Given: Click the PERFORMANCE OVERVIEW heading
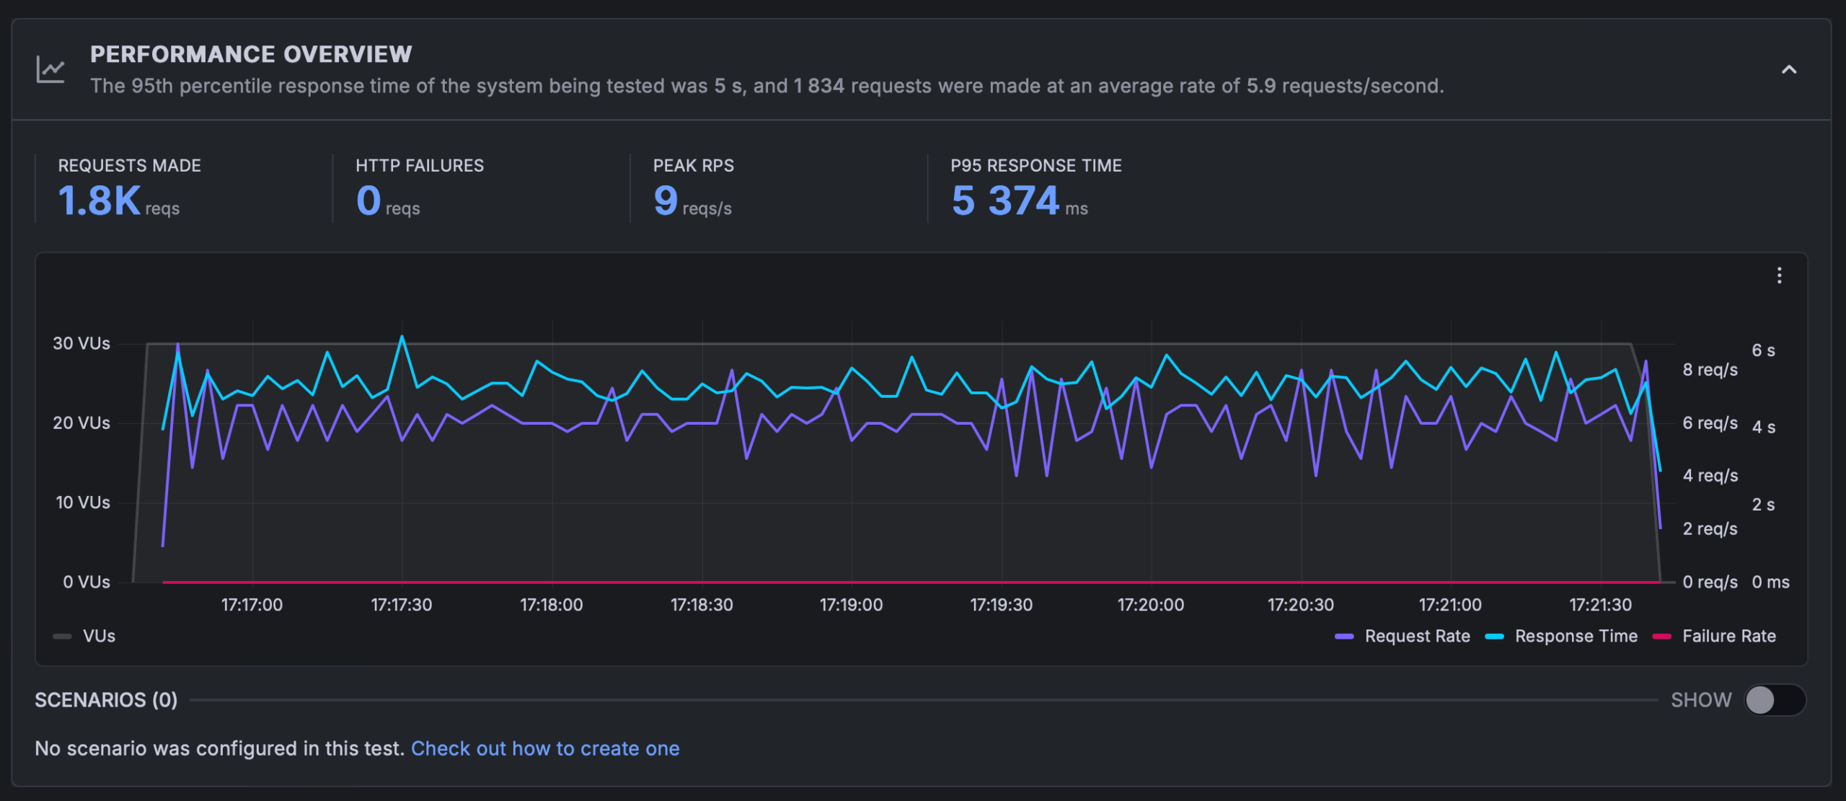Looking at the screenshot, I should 251,54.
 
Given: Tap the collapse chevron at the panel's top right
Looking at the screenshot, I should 1789,70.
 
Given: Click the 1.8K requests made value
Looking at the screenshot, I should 100,200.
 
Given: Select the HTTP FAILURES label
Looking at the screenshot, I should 420,166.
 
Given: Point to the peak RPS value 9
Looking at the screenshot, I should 666,200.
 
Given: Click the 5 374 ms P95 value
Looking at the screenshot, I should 1005,200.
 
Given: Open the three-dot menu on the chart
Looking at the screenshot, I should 1780,275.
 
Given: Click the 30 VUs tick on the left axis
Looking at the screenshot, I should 81,343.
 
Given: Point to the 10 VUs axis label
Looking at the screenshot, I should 83,503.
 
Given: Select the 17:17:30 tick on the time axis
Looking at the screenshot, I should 402,605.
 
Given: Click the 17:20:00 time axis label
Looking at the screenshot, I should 1151,605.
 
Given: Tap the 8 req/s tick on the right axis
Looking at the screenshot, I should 1710,370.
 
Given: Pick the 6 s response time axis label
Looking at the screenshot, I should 1763,350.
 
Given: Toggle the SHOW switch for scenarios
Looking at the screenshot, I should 1775,700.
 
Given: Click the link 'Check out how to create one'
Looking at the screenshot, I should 545,748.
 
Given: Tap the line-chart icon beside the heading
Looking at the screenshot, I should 50,70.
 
